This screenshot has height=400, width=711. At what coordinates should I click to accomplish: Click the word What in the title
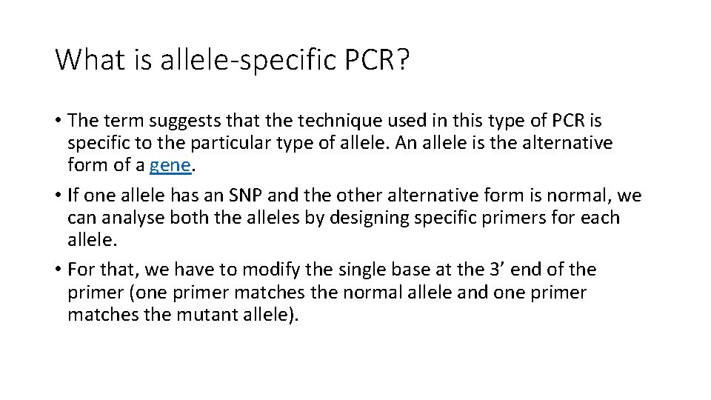84,59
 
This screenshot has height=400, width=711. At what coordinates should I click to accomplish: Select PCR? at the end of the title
376,59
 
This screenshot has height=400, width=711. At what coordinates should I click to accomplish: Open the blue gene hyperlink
170,165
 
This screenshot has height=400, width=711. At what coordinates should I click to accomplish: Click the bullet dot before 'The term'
58,121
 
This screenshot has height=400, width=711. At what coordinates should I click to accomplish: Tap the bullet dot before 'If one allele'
58,196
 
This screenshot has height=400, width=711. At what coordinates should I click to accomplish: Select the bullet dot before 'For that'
58,270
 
